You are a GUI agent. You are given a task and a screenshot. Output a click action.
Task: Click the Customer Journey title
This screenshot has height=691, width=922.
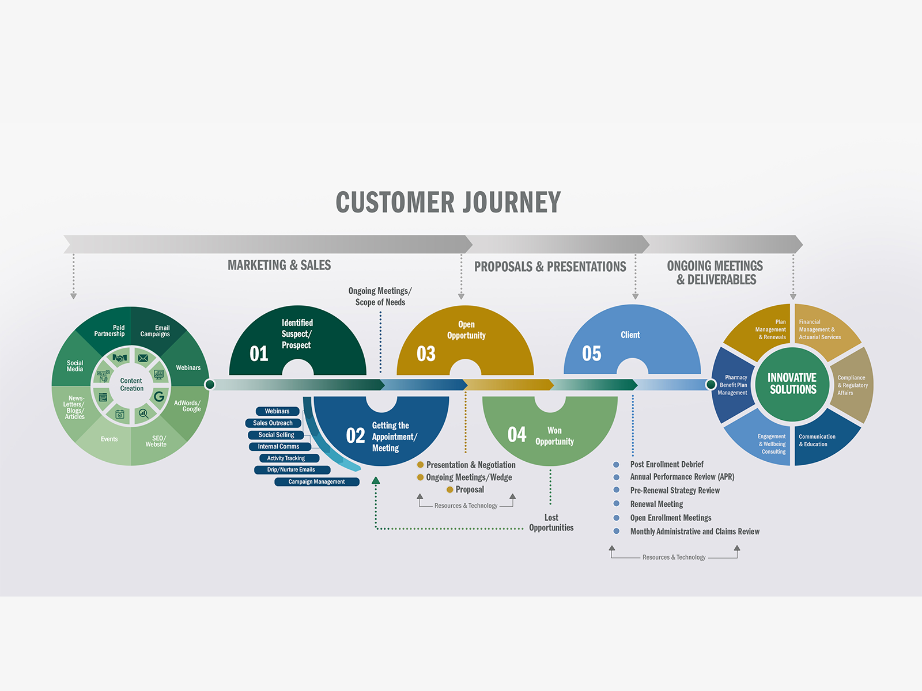(448, 203)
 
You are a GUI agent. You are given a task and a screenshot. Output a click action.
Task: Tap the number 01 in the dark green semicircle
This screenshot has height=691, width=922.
(259, 354)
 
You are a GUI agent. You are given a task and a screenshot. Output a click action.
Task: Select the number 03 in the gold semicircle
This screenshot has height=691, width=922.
(426, 354)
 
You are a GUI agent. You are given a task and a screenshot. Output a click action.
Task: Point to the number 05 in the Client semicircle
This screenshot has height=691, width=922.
(591, 354)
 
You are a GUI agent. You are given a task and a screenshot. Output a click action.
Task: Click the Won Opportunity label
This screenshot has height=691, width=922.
(554, 436)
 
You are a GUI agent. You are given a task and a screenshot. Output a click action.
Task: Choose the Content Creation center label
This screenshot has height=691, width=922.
(131, 385)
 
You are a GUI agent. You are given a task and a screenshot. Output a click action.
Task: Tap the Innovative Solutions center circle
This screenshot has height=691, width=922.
(792, 384)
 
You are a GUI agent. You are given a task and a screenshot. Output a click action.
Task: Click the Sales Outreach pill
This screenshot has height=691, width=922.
(273, 423)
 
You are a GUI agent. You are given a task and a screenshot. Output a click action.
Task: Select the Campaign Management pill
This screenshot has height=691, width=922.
(316, 482)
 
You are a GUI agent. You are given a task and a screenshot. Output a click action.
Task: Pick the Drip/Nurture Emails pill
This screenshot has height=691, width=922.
(291, 470)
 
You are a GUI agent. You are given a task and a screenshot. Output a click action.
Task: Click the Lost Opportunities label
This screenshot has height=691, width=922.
(551, 522)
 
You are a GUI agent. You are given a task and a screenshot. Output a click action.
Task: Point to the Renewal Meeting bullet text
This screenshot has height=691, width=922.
(656, 504)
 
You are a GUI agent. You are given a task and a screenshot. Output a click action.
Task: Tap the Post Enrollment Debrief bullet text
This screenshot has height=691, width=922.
(667, 465)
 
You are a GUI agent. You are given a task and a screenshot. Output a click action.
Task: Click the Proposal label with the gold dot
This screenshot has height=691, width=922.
(470, 490)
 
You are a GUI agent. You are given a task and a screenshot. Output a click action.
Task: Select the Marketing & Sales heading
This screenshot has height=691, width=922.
(279, 265)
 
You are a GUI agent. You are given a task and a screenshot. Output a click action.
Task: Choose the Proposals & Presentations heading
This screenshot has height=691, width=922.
(550, 267)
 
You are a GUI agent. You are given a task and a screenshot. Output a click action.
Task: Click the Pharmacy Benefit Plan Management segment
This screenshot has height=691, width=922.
(732, 385)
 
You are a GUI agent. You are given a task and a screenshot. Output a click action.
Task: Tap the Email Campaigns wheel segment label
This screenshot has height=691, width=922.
(155, 331)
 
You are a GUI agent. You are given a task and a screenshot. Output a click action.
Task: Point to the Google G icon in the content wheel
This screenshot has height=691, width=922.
(158, 397)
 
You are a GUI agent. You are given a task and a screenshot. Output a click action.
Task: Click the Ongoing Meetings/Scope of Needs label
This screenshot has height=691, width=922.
(380, 297)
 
